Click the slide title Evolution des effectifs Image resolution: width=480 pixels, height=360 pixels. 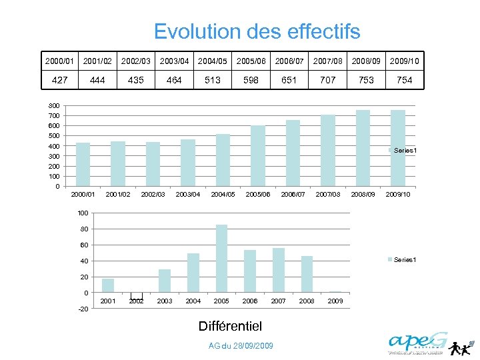[x=257, y=31]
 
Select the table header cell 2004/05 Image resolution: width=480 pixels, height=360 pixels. [x=213, y=61]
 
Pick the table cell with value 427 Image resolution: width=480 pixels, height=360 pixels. [x=59, y=80]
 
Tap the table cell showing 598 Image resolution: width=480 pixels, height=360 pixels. [x=251, y=80]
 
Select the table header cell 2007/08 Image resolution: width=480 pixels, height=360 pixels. [x=327, y=61]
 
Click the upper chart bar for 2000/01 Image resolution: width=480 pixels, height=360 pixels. [x=83, y=164]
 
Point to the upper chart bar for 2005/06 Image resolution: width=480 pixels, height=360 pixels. [x=258, y=155]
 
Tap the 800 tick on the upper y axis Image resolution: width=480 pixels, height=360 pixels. [x=54, y=106]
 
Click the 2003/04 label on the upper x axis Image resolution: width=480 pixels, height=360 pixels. [x=187, y=195]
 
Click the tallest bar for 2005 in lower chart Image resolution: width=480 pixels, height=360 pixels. [x=221, y=259]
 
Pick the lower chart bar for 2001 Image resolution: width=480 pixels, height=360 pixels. [x=108, y=285]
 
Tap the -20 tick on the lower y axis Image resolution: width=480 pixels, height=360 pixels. [x=82, y=309]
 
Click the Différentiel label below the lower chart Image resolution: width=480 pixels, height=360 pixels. [x=230, y=326]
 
